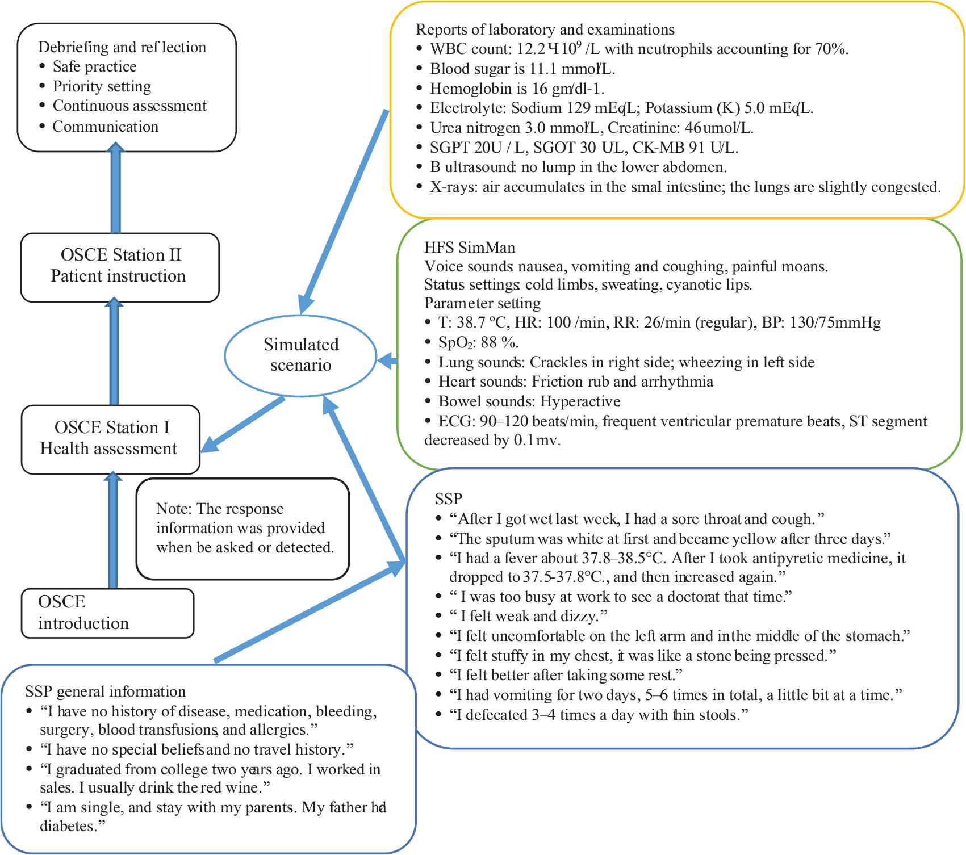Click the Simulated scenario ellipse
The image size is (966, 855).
coord(300,355)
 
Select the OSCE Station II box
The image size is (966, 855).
coord(120,266)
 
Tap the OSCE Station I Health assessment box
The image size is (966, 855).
coord(110,438)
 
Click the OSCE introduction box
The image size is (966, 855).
coord(107,613)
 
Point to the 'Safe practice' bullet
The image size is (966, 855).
coord(94,66)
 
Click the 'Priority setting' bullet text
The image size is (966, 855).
coord(102,86)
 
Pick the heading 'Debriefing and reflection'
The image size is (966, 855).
coord(122,47)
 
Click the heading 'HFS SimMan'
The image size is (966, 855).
coord(470,248)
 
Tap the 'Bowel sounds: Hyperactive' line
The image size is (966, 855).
coord(529,401)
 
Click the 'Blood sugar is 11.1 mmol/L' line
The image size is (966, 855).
coord(522,69)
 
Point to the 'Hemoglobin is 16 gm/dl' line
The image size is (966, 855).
coord(517,89)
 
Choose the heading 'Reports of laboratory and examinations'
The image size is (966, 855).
coord(545,30)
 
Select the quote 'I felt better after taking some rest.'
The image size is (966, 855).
coord(565,674)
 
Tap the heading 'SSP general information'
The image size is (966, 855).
coord(105,691)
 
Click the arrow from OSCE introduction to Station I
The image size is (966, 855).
coord(113,531)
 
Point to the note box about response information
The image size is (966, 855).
coord(242,528)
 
